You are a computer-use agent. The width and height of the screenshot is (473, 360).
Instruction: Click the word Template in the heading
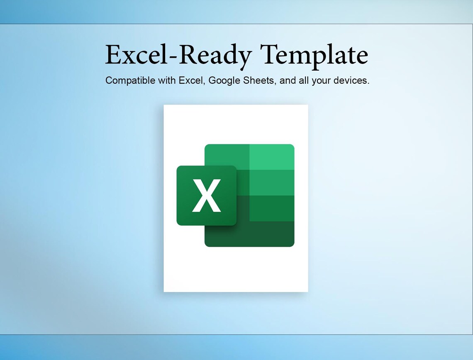click(314, 55)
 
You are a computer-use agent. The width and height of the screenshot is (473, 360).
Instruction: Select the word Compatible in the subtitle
click(130, 80)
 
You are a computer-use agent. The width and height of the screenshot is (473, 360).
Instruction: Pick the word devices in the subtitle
click(351, 80)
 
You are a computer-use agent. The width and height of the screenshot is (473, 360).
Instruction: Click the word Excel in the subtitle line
click(192, 80)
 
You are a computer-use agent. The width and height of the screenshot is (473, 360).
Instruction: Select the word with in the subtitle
click(167, 80)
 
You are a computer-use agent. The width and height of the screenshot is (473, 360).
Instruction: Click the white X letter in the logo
click(206, 196)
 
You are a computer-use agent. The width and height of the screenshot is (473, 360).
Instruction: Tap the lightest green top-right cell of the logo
click(272, 157)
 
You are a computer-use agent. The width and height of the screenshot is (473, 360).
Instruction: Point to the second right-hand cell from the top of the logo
click(272, 182)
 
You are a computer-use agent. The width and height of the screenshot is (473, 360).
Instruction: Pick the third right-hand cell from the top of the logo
click(272, 208)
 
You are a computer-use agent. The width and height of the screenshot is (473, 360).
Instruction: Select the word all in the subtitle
click(303, 80)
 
